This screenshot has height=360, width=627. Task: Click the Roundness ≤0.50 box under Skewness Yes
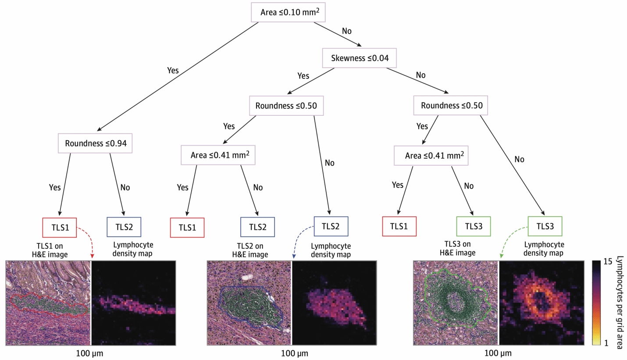tap(286, 105)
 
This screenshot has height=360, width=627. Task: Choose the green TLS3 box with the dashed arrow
tap(545, 226)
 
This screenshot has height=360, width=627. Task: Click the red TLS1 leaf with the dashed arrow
tap(59, 227)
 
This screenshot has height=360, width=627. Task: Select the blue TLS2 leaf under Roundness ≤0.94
tap(124, 227)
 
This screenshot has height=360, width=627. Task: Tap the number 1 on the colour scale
tap(606, 343)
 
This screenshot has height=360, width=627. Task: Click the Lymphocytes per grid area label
tap(619, 302)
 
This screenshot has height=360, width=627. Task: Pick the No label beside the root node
tap(346, 31)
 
